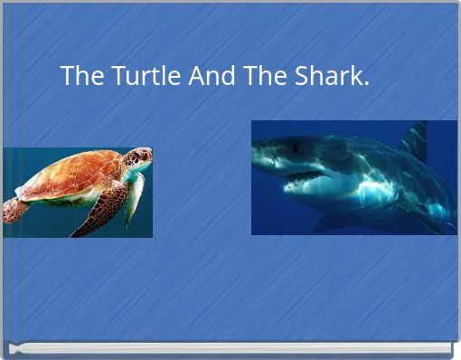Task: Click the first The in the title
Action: [82, 77]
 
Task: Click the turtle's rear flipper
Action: [14, 210]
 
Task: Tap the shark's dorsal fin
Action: [416, 140]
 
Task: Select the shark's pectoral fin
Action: [336, 221]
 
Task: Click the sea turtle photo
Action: [77, 192]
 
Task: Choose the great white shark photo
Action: [353, 177]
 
